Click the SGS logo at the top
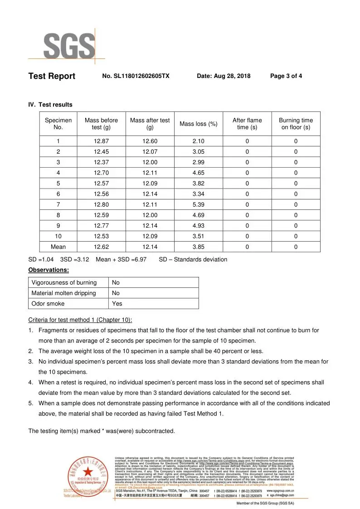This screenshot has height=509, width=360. pyautogui.click(x=68, y=45)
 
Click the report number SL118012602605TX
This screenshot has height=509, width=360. pyautogui.click(x=136, y=76)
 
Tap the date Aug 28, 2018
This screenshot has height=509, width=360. pyautogui.click(x=224, y=76)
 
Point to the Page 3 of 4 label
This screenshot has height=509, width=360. pyautogui.click(x=286, y=76)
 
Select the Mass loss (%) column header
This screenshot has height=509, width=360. pyautogui.click(x=199, y=124)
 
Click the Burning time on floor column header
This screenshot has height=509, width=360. pyautogui.click(x=296, y=124)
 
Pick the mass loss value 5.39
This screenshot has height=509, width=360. pyautogui.click(x=199, y=205)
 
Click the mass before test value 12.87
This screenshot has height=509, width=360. pyautogui.click(x=101, y=141)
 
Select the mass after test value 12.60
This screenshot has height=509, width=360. pyautogui.click(x=150, y=141)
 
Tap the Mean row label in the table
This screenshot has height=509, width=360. pyautogui.click(x=58, y=247)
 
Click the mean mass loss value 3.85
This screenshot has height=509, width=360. pyautogui.click(x=199, y=247)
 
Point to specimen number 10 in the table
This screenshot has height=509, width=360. pyautogui.click(x=58, y=237)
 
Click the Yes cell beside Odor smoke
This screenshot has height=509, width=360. pyautogui.click(x=117, y=304)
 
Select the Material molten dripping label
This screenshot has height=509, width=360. pyautogui.click(x=63, y=293)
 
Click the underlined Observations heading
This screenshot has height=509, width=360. pyautogui.click(x=49, y=270)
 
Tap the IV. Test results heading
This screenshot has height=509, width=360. pyautogui.click(x=50, y=105)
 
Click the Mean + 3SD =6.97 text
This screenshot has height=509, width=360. pyautogui.click(x=121, y=260)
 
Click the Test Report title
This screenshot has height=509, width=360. pyautogui.click(x=52, y=76)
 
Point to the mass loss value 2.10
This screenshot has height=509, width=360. pyautogui.click(x=199, y=141)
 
